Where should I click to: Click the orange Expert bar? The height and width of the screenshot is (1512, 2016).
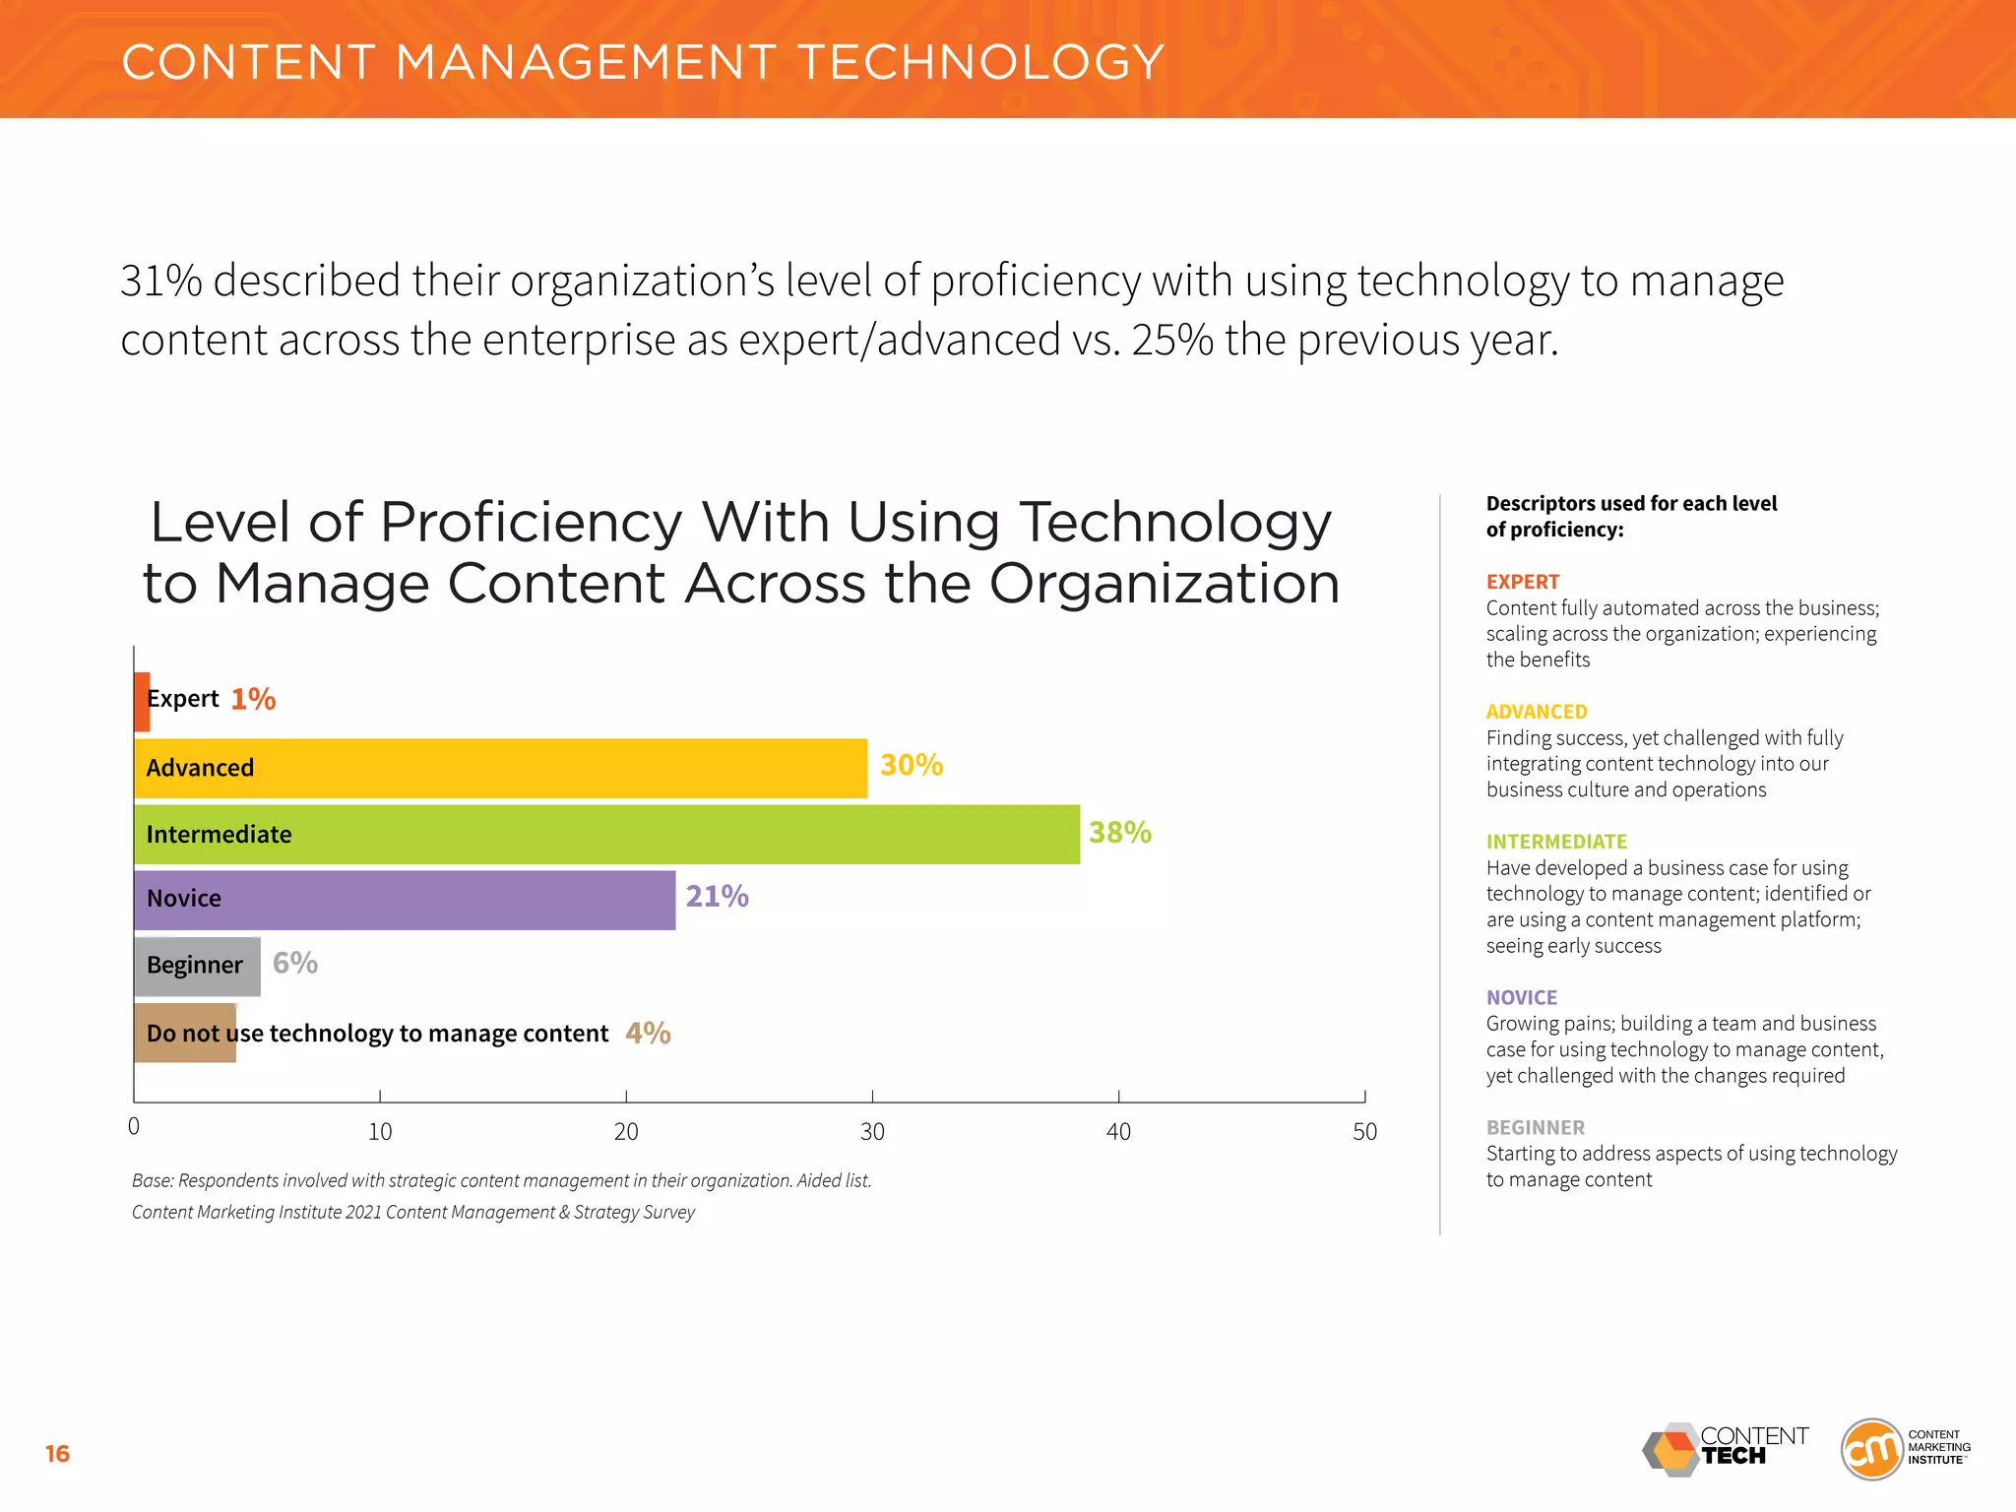point(142,702)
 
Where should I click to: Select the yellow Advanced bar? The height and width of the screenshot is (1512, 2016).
point(500,768)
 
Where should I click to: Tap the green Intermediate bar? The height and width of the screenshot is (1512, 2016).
point(606,835)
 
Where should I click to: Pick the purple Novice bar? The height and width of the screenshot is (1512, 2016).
point(405,900)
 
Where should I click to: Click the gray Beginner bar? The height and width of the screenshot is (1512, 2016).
point(197,966)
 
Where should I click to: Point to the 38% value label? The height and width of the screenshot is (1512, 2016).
point(1119,833)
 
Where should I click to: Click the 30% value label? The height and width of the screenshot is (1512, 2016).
point(911,765)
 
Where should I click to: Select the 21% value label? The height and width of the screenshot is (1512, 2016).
point(717,897)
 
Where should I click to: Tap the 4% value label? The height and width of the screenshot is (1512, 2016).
point(648,1033)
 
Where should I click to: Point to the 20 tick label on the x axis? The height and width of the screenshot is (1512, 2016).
point(626,1132)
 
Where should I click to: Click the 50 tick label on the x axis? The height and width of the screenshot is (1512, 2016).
point(1364,1132)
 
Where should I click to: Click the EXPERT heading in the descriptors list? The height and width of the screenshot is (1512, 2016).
point(1522,582)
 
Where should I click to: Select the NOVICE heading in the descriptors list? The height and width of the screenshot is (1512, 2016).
point(1521,997)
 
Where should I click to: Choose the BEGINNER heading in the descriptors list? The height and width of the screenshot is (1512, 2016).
point(1535,1127)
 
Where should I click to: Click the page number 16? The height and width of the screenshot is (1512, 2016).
point(57,1454)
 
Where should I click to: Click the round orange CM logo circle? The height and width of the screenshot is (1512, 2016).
point(1870,1449)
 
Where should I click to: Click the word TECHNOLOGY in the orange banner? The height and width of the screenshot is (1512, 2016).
point(980,62)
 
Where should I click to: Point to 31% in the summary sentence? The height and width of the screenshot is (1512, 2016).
point(160,282)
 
